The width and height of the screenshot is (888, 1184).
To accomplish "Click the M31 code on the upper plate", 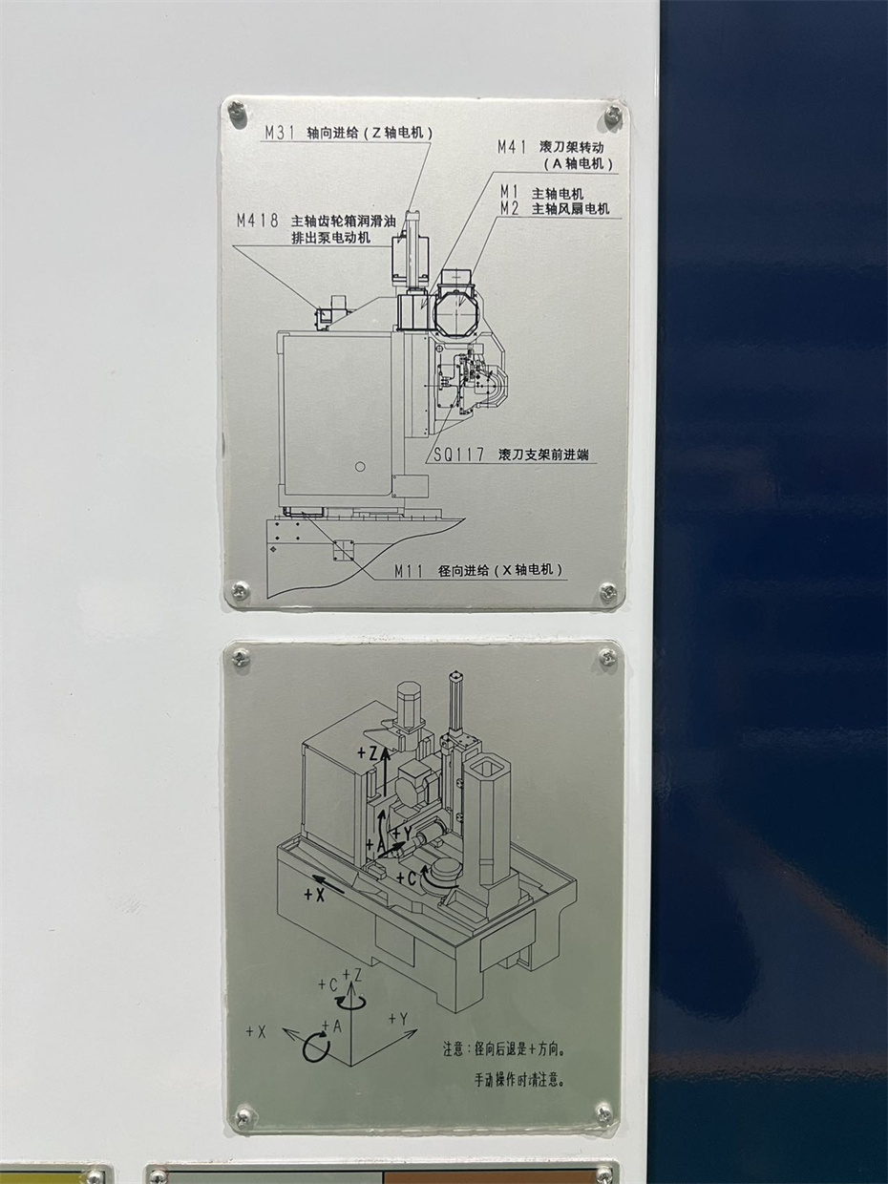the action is pos(280,133).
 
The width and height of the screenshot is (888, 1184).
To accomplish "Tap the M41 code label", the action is pos(511,147).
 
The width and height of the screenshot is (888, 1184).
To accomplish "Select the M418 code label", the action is pos(258,221).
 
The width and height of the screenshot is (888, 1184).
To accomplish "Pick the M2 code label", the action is pos(510,209).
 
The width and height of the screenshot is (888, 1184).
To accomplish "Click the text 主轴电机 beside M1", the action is pos(558,194).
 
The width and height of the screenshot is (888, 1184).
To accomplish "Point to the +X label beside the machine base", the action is pos(314,895).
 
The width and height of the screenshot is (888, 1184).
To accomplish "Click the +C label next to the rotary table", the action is pos(407,878).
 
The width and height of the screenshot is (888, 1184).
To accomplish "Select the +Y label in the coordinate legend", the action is pos(398,1018).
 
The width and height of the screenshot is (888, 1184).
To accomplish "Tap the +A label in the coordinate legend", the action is pos(332,1025).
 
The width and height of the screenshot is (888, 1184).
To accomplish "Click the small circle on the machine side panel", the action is pos(361,466).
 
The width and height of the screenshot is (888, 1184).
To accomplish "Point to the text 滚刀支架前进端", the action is pos(543,455).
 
